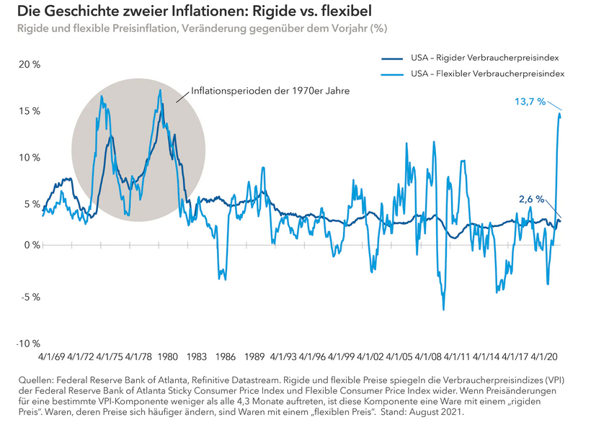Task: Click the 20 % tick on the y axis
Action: (x=30, y=65)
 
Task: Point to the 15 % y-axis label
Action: (x=30, y=112)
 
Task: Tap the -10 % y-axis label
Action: (x=28, y=343)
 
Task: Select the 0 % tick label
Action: (x=32, y=246)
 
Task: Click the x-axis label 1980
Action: (x=167, y=357)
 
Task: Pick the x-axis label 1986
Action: (x=226, y=357)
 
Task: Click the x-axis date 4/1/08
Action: (x=430, y=357)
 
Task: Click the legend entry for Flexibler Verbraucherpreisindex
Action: (x=487, y=73)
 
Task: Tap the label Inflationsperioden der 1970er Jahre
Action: (x=270, y=92)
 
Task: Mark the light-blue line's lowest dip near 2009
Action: (x=443, y=310)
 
